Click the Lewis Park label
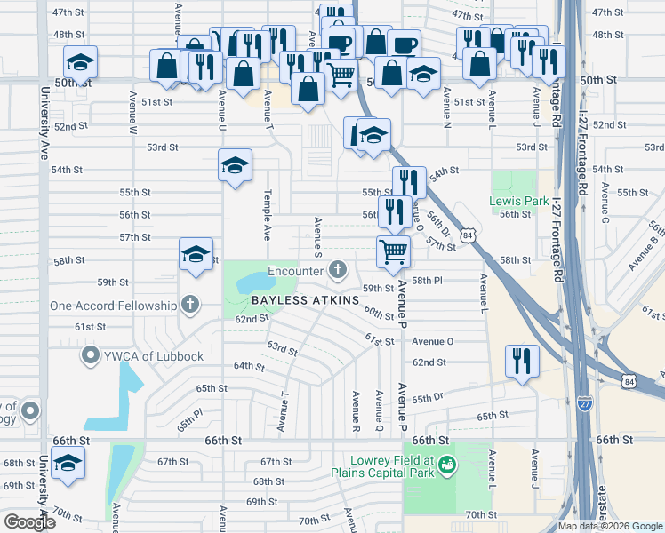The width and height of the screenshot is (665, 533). (518, 202)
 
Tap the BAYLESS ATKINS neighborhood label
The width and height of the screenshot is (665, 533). (305, 300)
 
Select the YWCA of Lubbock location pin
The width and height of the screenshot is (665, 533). (90, 356)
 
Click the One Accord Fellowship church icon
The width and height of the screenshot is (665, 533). (188, 306)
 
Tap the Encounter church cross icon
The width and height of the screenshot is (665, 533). (338, 268)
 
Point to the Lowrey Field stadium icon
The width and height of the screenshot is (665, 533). (448, 464)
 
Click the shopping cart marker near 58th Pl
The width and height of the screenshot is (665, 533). (393, 251)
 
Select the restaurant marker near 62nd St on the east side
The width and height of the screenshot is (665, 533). (521, 361)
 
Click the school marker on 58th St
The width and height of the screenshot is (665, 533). (196, 256)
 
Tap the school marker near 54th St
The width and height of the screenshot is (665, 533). (236, 166)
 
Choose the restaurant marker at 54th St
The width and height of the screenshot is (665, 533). (409, 183)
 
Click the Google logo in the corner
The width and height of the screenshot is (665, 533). (28, 522)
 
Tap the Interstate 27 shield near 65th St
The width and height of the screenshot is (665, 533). (584, 402)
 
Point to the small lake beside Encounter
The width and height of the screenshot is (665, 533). (257, 283)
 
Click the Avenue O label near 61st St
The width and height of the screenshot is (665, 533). (432, 341)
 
